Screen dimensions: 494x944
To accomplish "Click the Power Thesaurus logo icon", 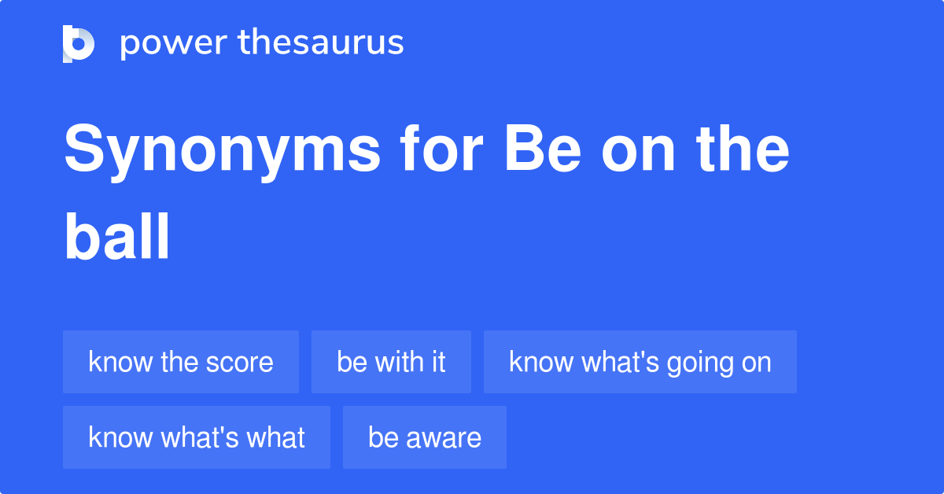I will (79, 43).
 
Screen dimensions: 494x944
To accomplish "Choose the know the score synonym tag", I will (181, 362).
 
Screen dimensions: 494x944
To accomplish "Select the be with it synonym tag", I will (391, 362).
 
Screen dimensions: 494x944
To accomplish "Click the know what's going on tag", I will (640, 362).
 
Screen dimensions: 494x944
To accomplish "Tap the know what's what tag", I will (197, 437).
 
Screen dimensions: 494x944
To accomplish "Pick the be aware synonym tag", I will (424, 437).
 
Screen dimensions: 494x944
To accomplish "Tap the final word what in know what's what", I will (276, 437).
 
